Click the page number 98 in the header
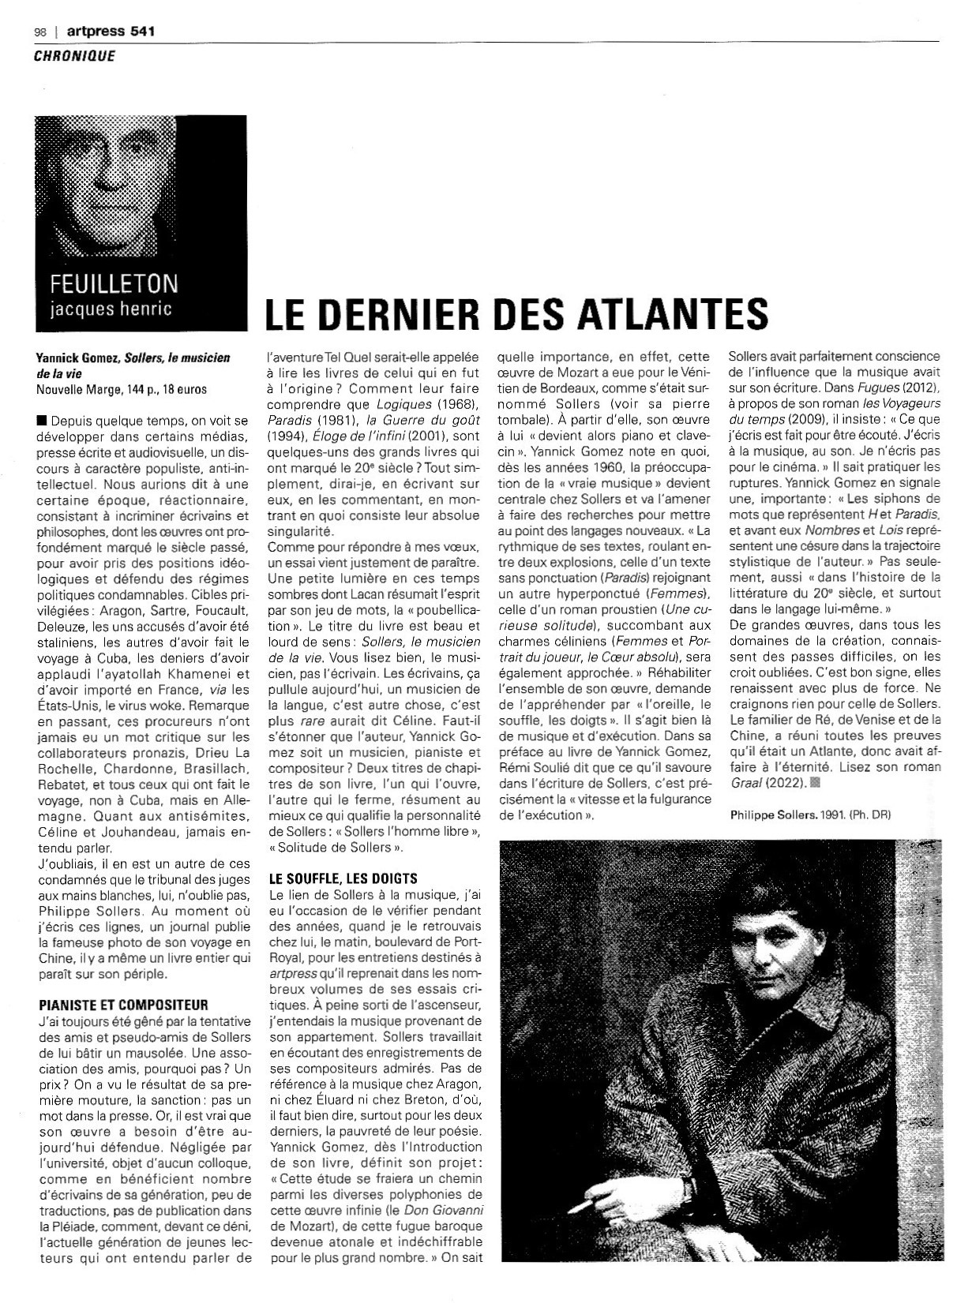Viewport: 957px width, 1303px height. tap(39, 32)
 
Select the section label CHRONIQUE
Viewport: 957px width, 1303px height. tap(74, 55)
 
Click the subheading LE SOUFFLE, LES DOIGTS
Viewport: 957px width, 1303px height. tap(343, 878)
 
